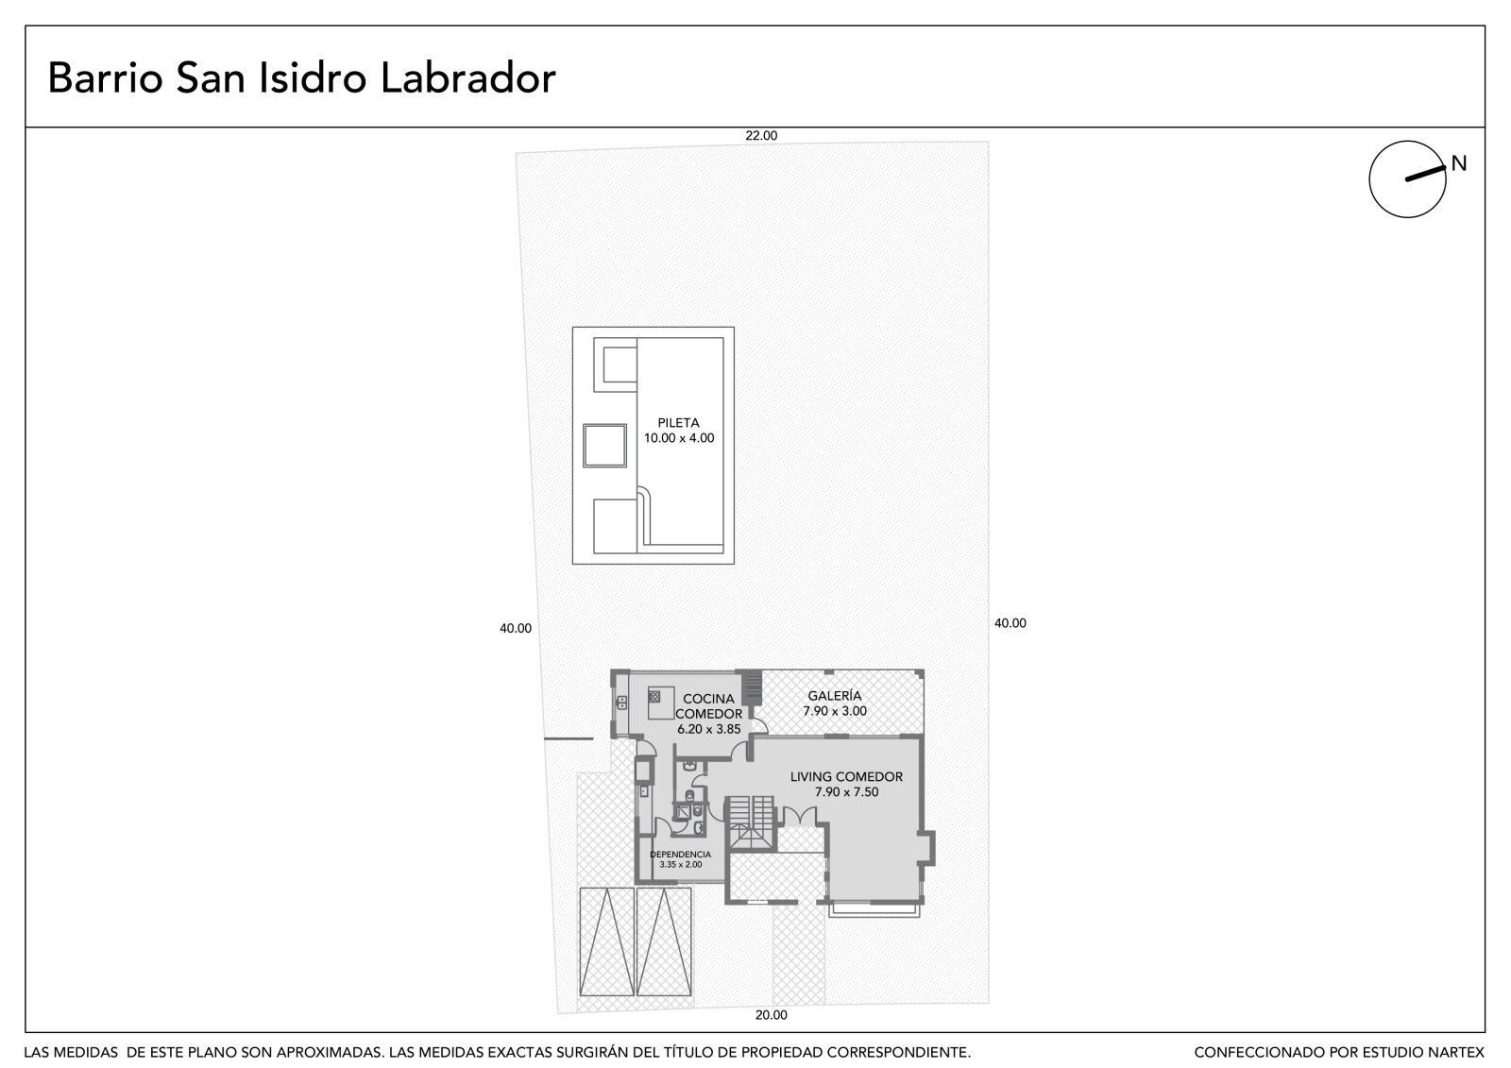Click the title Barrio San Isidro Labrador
(301, 78)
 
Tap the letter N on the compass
(1459, 163)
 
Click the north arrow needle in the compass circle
(1425, 174)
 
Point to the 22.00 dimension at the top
(761, 136)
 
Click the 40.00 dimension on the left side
(516, 628)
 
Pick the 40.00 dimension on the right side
(1010, 623)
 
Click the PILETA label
(679, 423)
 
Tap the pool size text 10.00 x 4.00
(679, 438)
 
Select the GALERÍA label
(835, 696)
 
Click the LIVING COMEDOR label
(846, 776)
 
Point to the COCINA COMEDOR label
(708, 706)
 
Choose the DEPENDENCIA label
(680, 855)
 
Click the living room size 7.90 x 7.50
(846, 792)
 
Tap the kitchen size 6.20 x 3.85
(709, 729)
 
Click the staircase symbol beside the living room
(750, 823)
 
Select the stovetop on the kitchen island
(654, 696)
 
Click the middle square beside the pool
(604, 446)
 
